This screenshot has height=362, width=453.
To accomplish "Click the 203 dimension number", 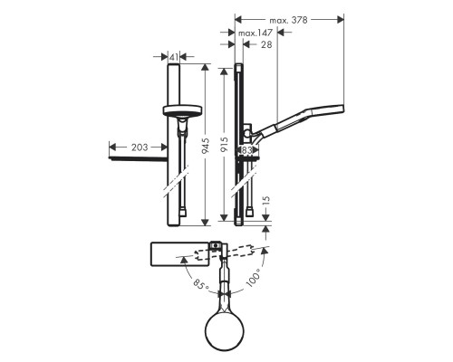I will (x=140, y=146).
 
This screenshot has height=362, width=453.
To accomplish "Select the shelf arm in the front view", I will (x=138, y=161).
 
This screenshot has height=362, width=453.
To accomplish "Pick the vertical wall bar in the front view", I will (x=175, y=181).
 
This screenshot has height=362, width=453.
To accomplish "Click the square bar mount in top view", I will (x=217, y=244).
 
